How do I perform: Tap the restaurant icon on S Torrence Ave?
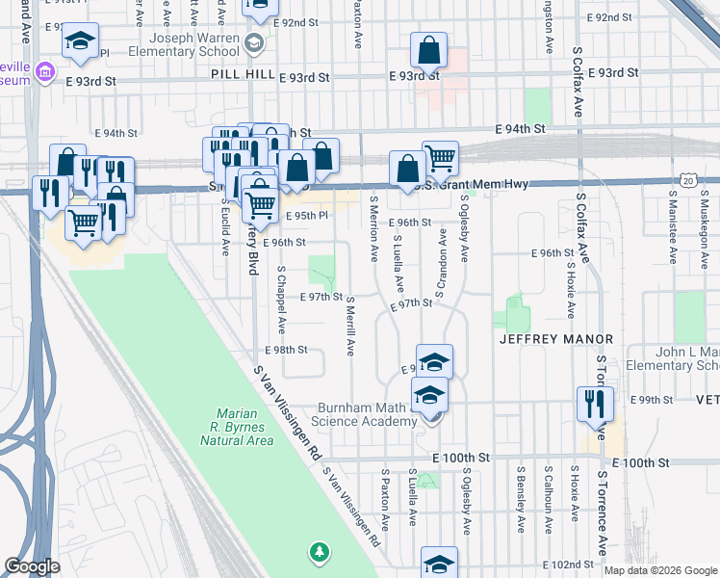pos(595,404)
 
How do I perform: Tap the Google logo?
pos(33,566)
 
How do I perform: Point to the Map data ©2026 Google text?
pos(659,570)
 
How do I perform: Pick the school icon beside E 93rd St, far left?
pos(80,40)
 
